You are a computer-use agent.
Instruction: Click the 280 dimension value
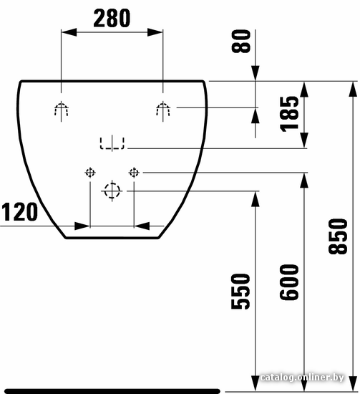pyautogui.click(x=112, y=18)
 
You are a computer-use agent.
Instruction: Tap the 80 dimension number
pyautogui.click(x=241, y=42)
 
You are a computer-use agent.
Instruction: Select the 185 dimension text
pyautogui.click(x=289, y=114)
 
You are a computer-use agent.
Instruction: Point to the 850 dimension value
pyautogui.click(x=338, y=236)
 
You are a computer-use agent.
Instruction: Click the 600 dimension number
pyautogui.click(x=289, y=282)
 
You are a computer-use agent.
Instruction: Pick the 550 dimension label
pyautogui.click(x=240, y=292)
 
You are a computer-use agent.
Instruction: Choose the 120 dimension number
pyautogui.click(x=19, y=212)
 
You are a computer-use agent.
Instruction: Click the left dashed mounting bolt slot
pyautogui.click(x=62, y=109)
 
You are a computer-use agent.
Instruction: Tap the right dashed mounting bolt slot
pyautogui.click(x=163, y=109)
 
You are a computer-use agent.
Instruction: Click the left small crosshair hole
pyautogui.click(x=90, y=173)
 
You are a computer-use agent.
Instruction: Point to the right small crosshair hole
pyautogui.click(x=134, y=173)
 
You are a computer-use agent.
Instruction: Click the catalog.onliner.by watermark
pyautogui.click(x=302, y=378)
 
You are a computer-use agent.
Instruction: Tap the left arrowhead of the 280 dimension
pyautogui.click(x=69, y=32)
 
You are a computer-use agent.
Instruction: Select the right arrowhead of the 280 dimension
pyautogui.click(x=155, y=32)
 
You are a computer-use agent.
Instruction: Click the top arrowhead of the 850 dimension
pyautogui.click(x=353, y=89)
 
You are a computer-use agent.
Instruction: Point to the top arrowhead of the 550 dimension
pyautogui.click(x=256, y=199)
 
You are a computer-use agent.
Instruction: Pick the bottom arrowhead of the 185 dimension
pyautogui.click(x=304, y=140)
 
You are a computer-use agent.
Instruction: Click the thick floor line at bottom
pyautogui.click(x=112, y=391)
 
